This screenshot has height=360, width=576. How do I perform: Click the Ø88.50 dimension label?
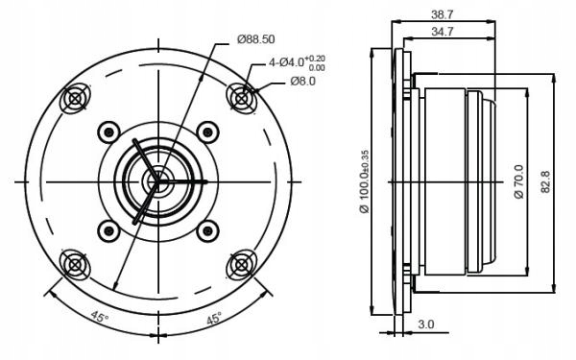[x=256, y=39]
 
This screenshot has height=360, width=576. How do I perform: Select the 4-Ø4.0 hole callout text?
[x=297, y=62]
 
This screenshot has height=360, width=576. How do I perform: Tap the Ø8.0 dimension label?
[x=302, y=82]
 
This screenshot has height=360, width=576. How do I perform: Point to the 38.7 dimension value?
[x=443, y=14]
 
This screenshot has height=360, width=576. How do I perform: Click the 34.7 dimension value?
[x=443, y=32]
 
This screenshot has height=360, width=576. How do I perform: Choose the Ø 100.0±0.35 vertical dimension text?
[x=365, y=181]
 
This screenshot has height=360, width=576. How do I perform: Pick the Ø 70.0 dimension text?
[x=518, y=181]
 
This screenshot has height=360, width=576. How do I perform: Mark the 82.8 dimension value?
[x=545, y=181]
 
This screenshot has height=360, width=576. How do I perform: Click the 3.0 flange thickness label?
[x=426, y=324]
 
